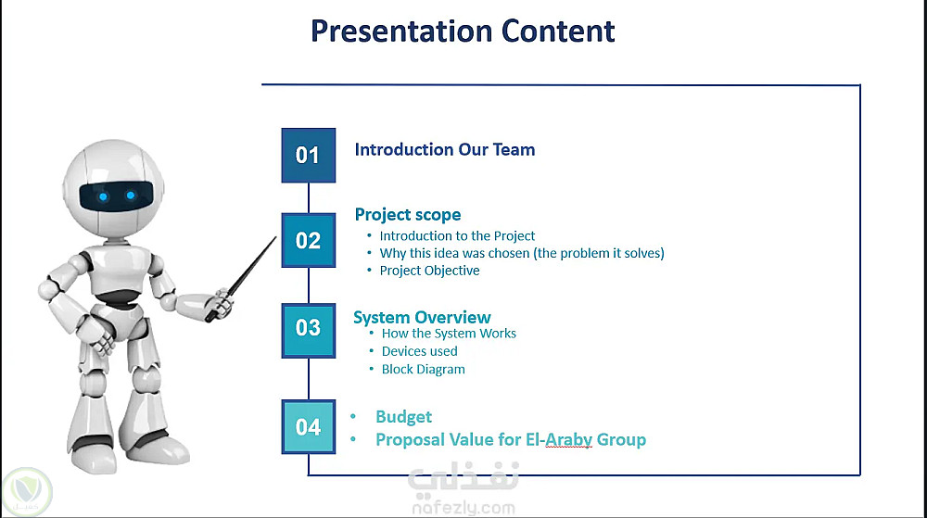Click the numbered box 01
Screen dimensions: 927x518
click(308, 156)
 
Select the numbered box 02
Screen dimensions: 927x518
click(308, 240)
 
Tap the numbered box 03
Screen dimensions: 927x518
click(308, 331)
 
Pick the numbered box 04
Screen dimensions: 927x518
click(308, 427)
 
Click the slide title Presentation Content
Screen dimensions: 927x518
click(463, 32)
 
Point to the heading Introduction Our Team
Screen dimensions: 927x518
click(445, 149)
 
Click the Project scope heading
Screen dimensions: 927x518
click(408, 214)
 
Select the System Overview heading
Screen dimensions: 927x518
click(422, 317)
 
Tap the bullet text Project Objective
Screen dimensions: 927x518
click(430, 271)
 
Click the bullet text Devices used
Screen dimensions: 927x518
click(420, 351)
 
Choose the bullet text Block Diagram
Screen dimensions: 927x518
click(424, 369)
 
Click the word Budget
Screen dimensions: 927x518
click(404, 417)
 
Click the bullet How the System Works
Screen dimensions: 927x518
click(449, 334)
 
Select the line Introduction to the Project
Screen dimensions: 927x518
click(458, 236)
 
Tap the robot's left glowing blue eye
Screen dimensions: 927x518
click(104, 196)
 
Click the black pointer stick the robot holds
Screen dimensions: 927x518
click(241, 279)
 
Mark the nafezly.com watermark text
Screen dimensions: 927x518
click(463, 508)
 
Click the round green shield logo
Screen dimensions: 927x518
click(27, 492)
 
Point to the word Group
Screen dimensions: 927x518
click(621, 440)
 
